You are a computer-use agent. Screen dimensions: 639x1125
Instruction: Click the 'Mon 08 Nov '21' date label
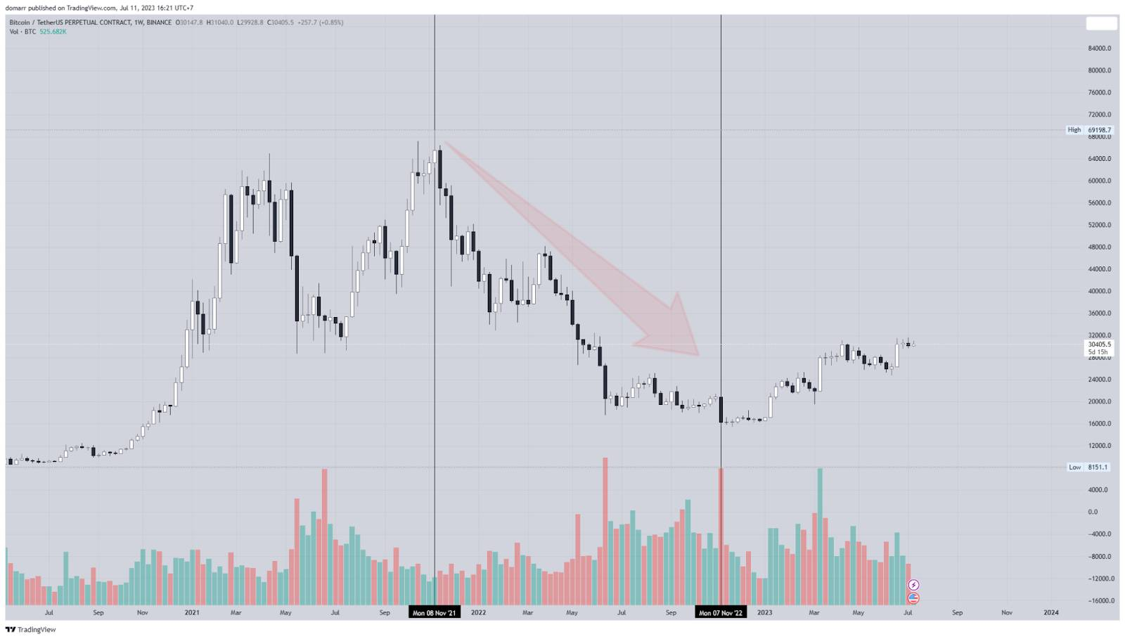tap(434, 612)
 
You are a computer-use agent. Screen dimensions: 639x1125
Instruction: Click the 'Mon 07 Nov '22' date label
tap(721, 612)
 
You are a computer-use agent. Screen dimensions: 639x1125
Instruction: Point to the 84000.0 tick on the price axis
tap(1099, 49)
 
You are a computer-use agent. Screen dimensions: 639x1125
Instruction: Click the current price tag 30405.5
tap(1099, 344)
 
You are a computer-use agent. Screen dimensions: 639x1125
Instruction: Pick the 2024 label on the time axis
tap(1050, 612)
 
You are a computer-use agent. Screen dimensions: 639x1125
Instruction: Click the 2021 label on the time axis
tap(192, 612)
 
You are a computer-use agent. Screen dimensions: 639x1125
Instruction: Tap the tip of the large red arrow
tap(697, 354)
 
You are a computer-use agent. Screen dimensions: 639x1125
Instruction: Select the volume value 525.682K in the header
tap(53, 32)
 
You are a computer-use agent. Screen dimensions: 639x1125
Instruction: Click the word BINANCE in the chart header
tap(159, 22)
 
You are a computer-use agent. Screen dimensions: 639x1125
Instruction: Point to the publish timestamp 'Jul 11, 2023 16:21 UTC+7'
tap(156, 8)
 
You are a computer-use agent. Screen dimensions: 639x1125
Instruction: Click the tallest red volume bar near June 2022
tap(605, 531)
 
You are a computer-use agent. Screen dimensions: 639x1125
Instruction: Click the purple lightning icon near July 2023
tap(913, 585)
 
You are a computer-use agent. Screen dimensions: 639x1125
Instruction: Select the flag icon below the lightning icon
tap(913, 598)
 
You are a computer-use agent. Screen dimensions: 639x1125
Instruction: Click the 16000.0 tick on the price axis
tap(1099, 424)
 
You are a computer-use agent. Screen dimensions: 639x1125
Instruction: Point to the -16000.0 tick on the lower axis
tap(1098, 601)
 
